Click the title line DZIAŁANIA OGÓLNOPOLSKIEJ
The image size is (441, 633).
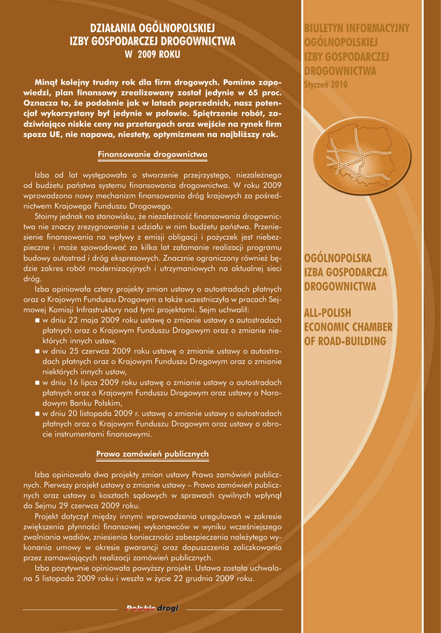(x=152, y=28)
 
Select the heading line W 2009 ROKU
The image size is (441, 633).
(x=152, y=54)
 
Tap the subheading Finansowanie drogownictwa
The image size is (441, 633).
(x=152, y=154)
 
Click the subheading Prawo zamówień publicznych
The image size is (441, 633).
(x=152, y=454)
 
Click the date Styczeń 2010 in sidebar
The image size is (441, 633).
(x=326, y=83)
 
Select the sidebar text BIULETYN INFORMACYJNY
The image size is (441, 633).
(x=356, y=28)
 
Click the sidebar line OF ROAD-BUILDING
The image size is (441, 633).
(x=345, y=341)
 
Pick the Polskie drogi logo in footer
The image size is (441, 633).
(x=152, y=609)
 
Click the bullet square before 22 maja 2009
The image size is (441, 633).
(x=38, y=320)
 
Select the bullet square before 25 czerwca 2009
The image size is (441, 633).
(x=38, y=351)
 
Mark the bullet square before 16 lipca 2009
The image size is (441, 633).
(x=38, y=383)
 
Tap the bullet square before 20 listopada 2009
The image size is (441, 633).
(x=38, y=414)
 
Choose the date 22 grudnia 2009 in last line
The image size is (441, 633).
(x=218, y=579)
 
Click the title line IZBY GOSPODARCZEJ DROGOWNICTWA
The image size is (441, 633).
(x=152, y=41)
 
